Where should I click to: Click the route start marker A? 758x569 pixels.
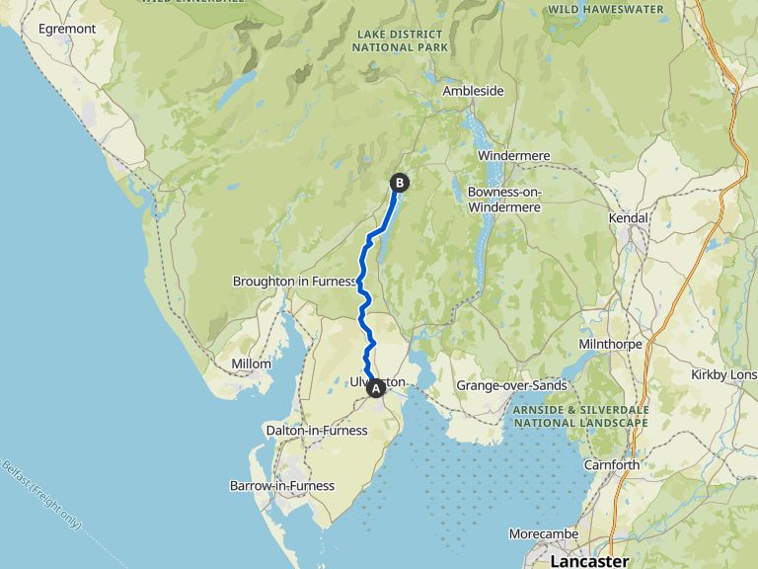375,389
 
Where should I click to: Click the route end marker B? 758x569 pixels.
400,182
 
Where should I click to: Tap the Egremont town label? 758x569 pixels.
67,29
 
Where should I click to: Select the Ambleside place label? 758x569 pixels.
473,91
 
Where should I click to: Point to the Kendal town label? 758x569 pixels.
629,217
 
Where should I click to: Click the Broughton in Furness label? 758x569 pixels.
294,282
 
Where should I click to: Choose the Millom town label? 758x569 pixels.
251,365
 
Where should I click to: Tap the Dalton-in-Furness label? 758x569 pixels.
317,430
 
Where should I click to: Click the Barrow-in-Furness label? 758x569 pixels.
281,486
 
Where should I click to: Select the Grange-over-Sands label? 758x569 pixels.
511,385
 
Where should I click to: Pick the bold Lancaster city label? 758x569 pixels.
589,561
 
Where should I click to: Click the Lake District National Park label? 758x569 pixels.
401,41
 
